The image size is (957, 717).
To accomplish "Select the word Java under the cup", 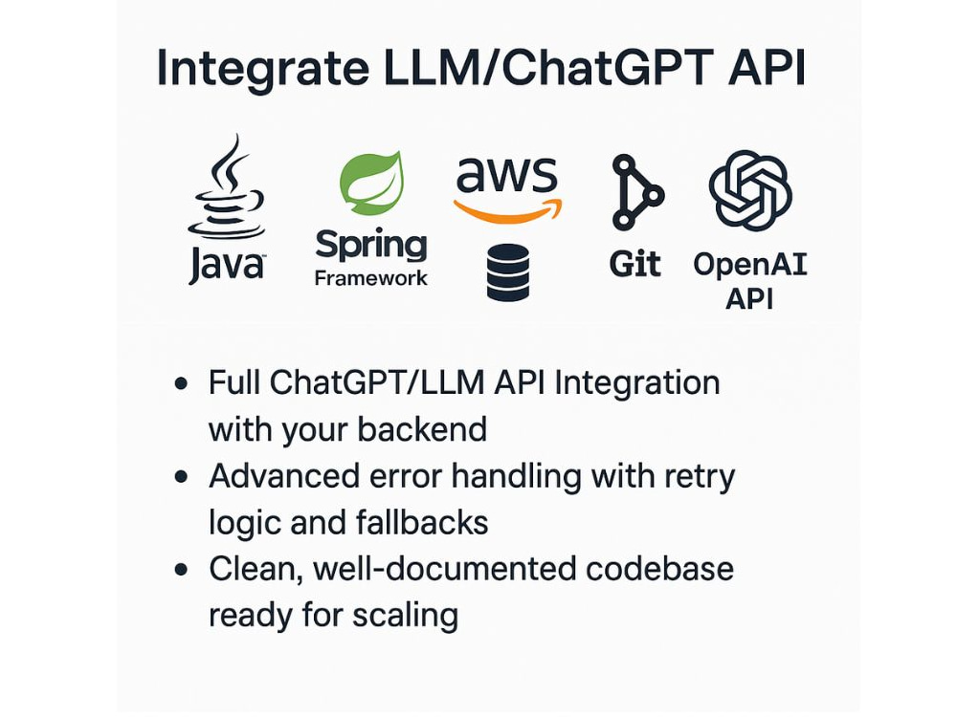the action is [x=226, y=265].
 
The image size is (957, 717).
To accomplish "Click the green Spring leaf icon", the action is [x=371, y=183].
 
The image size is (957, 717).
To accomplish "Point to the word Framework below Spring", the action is [x=371, y=279].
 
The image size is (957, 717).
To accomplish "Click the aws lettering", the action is [x=507, y=176].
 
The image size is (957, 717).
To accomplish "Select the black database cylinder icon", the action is [x=507, y=272].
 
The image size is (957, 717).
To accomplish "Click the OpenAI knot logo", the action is [x=750, y=190].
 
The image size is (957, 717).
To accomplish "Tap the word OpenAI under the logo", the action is [x=750, y=264].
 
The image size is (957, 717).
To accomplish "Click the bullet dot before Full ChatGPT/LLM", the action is [x=181, y=384].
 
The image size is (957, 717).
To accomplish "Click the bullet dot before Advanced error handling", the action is [x=181, y=477].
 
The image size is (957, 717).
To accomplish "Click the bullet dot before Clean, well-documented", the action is [x=181, y=570].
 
